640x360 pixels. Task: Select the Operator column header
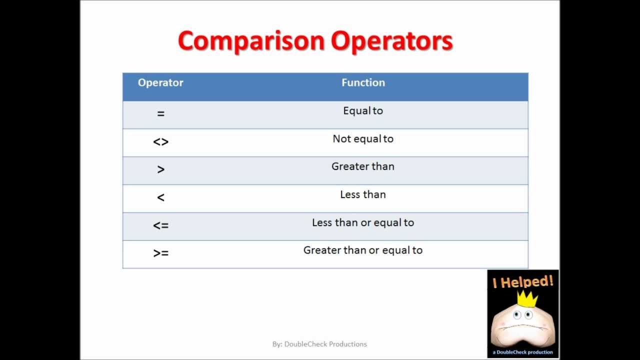point(160,83)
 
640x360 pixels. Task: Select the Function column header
point(363,83)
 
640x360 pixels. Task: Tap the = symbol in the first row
point(160,114)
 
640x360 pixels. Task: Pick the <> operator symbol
point(160,142)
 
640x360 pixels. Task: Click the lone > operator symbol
point(160,170)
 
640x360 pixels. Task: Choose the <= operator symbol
point(160,225)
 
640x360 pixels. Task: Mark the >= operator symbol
point(160,253)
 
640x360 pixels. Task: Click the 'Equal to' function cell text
point(363,111)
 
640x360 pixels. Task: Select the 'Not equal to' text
point(363,139)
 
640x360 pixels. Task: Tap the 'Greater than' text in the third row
point(363,166)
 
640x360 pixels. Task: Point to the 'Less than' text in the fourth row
point(363,194)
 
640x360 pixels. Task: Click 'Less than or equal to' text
point(363,222)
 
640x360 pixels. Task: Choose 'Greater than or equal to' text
point(363,250)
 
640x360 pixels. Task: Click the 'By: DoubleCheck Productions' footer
point(319,344)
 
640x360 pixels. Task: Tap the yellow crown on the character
point(527,299)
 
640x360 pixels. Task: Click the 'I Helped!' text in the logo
point(523,282)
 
